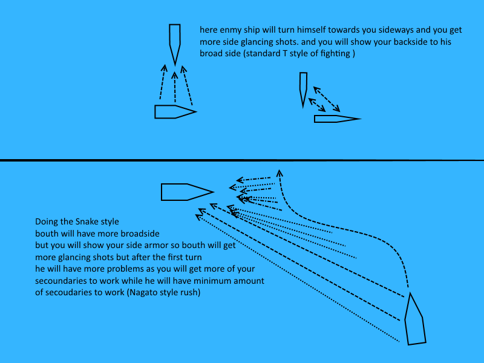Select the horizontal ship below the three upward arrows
pyautogui.click(x=175, y=112)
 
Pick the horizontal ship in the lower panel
pyautogui.click(x=187, y=192)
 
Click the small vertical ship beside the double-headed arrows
pyautogui.click(x=303, y=90)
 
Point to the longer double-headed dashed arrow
pyautogui.click(x=327, y=99)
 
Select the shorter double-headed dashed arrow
pyautogui.click(x=317, y=105)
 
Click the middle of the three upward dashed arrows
pyautogui.click(x=175, y=87)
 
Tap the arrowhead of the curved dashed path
pyautogui.click(x=280, y=173)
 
